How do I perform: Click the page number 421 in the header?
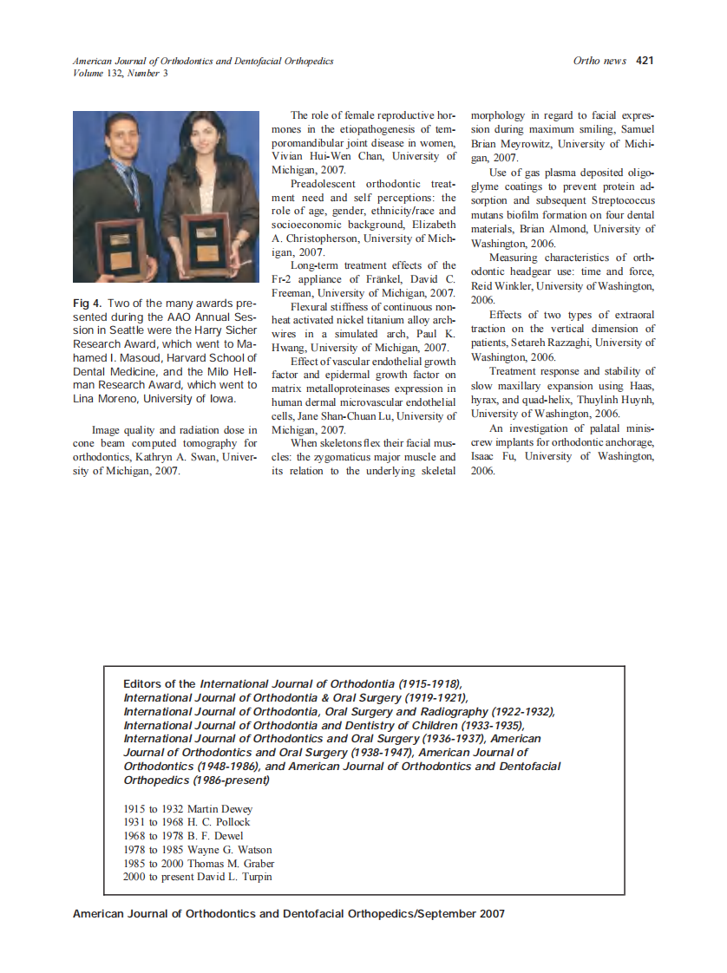click(644, 61)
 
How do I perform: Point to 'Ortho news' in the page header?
click(599, 61)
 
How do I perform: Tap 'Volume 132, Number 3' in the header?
click(121, 74)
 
